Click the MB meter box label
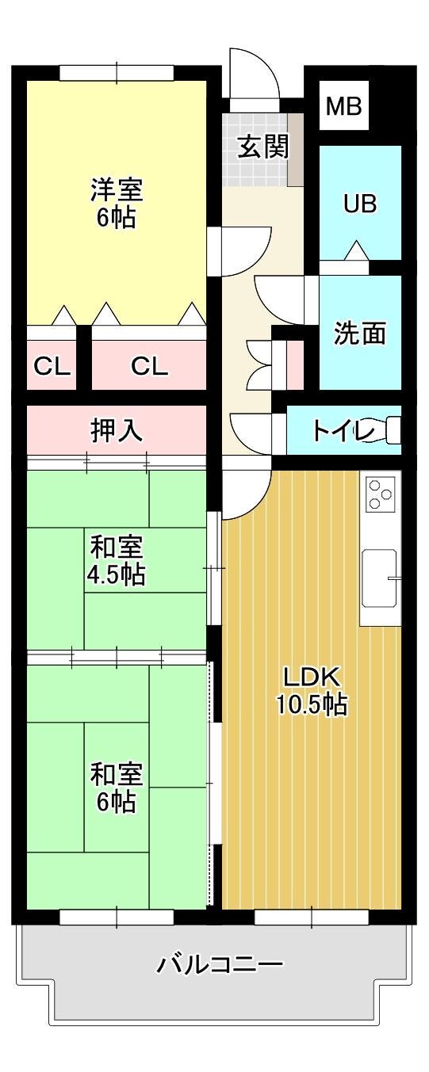343,105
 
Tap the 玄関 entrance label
264,146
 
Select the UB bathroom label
359,204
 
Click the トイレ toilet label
343,431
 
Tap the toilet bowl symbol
393,430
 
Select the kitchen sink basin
380,578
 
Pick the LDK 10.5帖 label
312,689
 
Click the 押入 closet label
117,430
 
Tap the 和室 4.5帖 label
116,559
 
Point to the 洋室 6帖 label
117,202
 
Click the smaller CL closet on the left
52,367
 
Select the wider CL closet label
149,367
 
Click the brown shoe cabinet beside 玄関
296,150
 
